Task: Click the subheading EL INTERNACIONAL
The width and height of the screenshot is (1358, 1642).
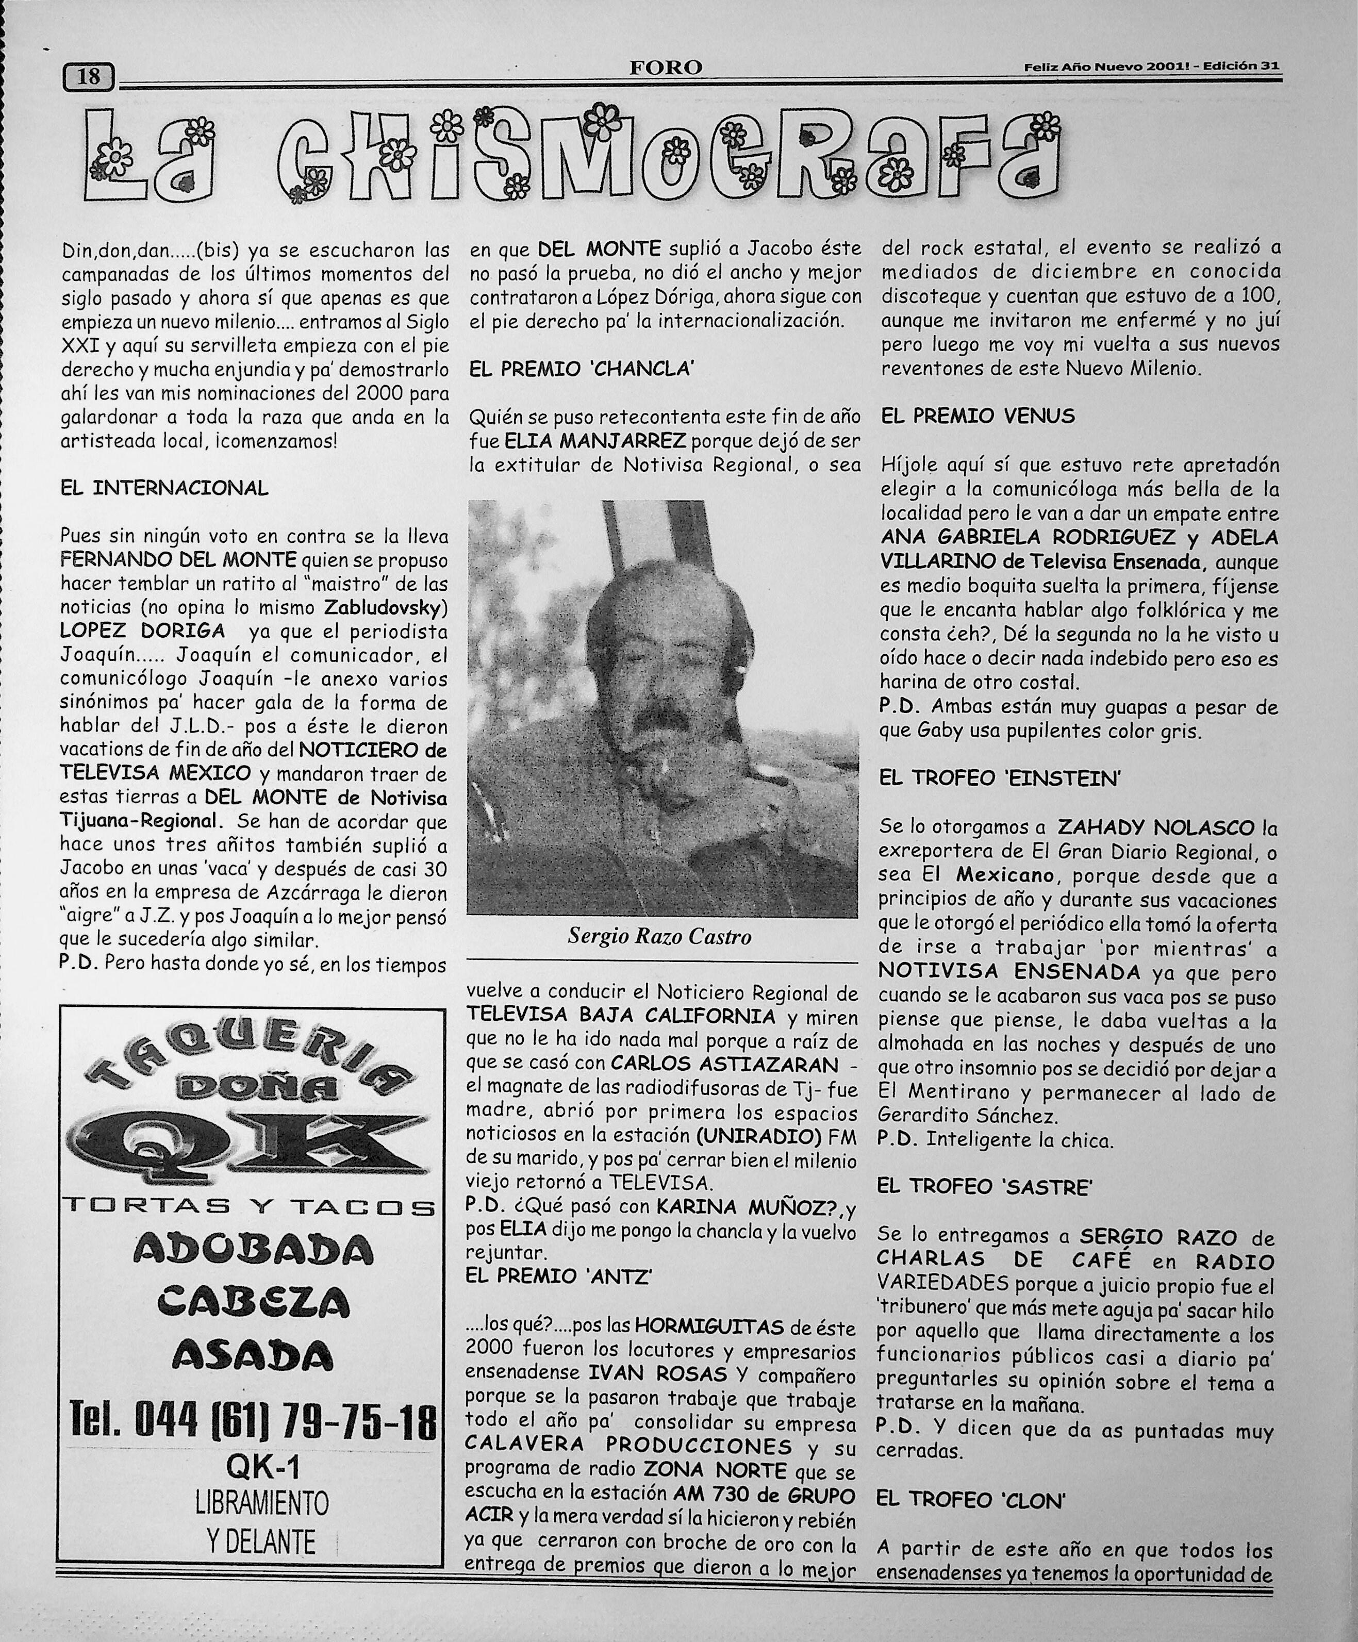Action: (164, 489)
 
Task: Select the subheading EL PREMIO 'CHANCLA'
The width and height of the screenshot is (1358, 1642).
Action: (581, 369)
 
